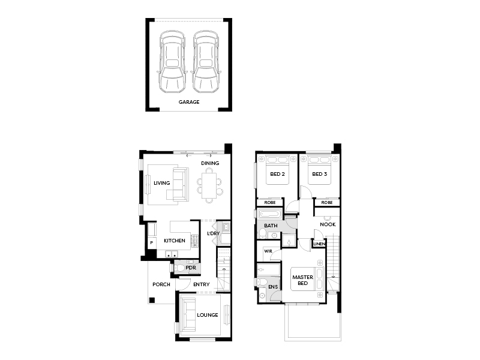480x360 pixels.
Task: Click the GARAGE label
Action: click(189, 102)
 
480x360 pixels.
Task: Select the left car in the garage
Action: click(172, 62)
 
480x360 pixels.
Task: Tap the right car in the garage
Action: click(206, 62)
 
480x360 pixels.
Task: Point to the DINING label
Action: click(210, 163)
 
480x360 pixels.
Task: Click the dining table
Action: click(209, 185)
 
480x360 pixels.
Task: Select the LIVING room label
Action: click(161, 183)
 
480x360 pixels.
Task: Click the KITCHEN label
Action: click(175, 241)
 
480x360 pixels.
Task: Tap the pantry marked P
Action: click(152, 242)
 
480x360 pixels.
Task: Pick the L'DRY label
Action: click(214, 233)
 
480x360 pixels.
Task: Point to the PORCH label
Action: click(161, 284)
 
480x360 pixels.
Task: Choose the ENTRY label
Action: click(202, 284)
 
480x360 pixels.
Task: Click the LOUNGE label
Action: click(208, 315)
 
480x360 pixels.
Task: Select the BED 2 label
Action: click(277, 174)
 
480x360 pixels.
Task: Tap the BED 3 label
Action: click(320, 174)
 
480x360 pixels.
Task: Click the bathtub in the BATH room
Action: click(269, 214)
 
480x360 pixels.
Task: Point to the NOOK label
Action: click(328, 224)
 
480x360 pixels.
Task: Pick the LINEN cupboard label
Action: click(319, 244)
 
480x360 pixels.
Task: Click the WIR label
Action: click(268, 251)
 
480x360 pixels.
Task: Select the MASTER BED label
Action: click(303, 280)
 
